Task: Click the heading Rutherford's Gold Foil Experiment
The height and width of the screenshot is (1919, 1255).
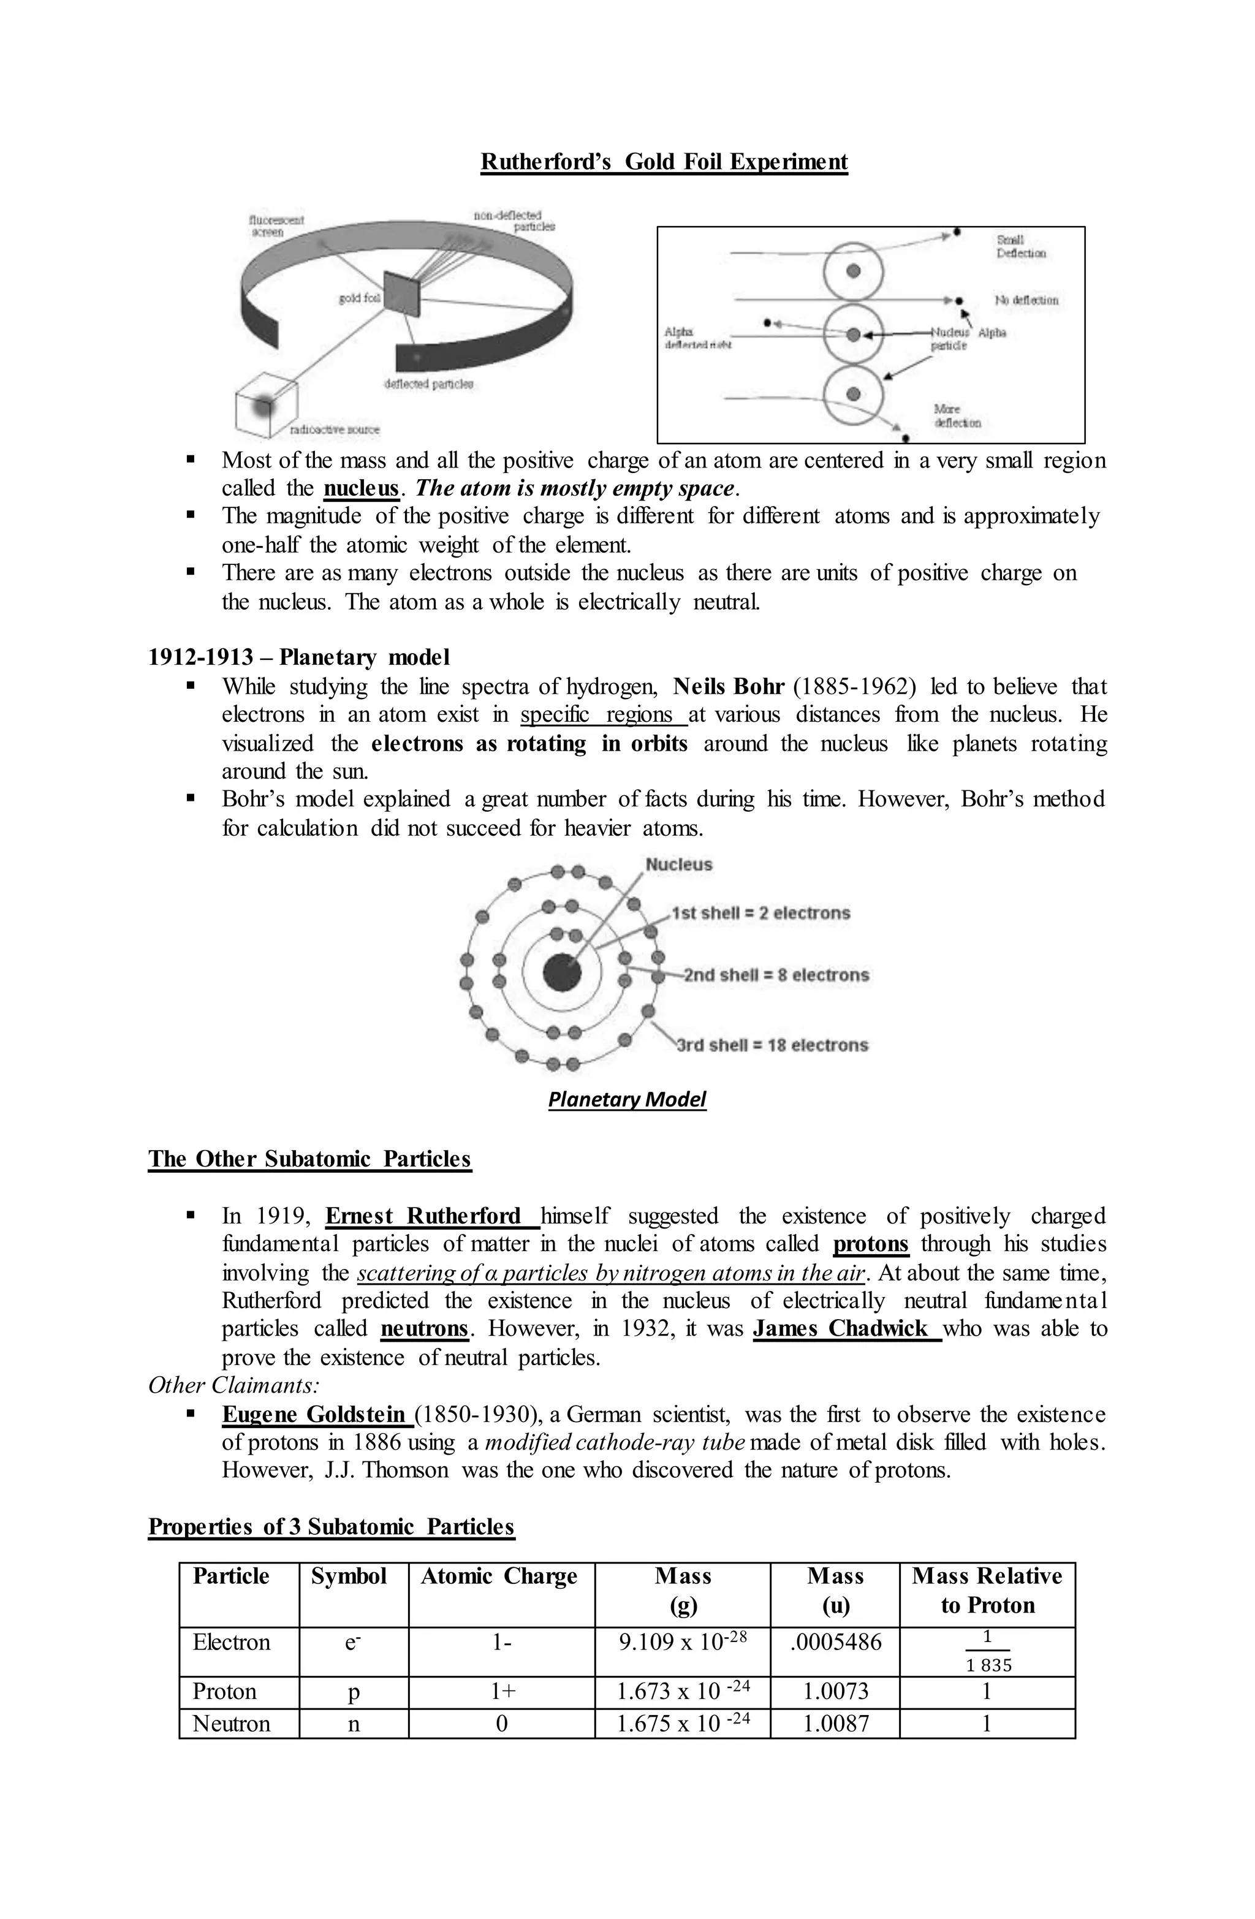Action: coord(663,162)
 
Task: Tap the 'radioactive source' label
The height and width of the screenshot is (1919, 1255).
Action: coord(334,430)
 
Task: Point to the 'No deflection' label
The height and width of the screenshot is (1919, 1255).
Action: coord(1026,300)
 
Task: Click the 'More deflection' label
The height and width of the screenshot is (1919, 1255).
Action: coord(957,416)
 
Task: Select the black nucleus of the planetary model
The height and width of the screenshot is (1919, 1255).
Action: coord(561,973)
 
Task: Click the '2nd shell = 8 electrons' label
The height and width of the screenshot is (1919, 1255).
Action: coord(776,975)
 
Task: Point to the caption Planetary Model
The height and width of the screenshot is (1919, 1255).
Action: coord(627,1100)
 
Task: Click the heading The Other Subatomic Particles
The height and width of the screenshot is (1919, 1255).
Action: coord(309,1159)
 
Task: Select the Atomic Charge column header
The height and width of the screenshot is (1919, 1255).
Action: coord(499,1576)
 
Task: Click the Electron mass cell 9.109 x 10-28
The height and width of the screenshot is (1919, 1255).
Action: coord(683,1643)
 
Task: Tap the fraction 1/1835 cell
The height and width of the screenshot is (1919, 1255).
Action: coord(987,1651)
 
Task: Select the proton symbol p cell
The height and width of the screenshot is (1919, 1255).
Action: coord(353,1692)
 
